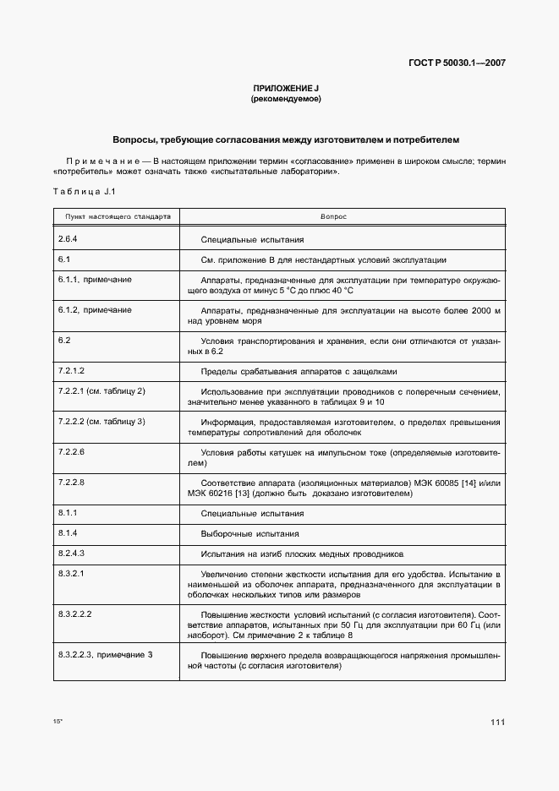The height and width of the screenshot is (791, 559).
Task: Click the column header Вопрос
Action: pos(333,217)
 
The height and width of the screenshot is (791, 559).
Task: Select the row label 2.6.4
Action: pos(69,240)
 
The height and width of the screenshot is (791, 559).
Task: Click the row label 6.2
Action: pos(64,341)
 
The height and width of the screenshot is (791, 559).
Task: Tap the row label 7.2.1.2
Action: pos(72,371)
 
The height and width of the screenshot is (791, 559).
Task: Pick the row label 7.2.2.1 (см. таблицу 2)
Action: pos(101,392)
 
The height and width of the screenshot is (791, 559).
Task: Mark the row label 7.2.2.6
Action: pos(72,452)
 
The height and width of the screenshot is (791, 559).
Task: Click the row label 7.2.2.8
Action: pos(72,482)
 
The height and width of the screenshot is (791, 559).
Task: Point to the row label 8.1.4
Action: pos(68,534)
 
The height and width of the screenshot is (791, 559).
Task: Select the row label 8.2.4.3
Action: pos(72,554)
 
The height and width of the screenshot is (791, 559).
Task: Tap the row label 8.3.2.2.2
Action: pos(74,614)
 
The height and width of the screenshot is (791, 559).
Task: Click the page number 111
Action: pos(497,722)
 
